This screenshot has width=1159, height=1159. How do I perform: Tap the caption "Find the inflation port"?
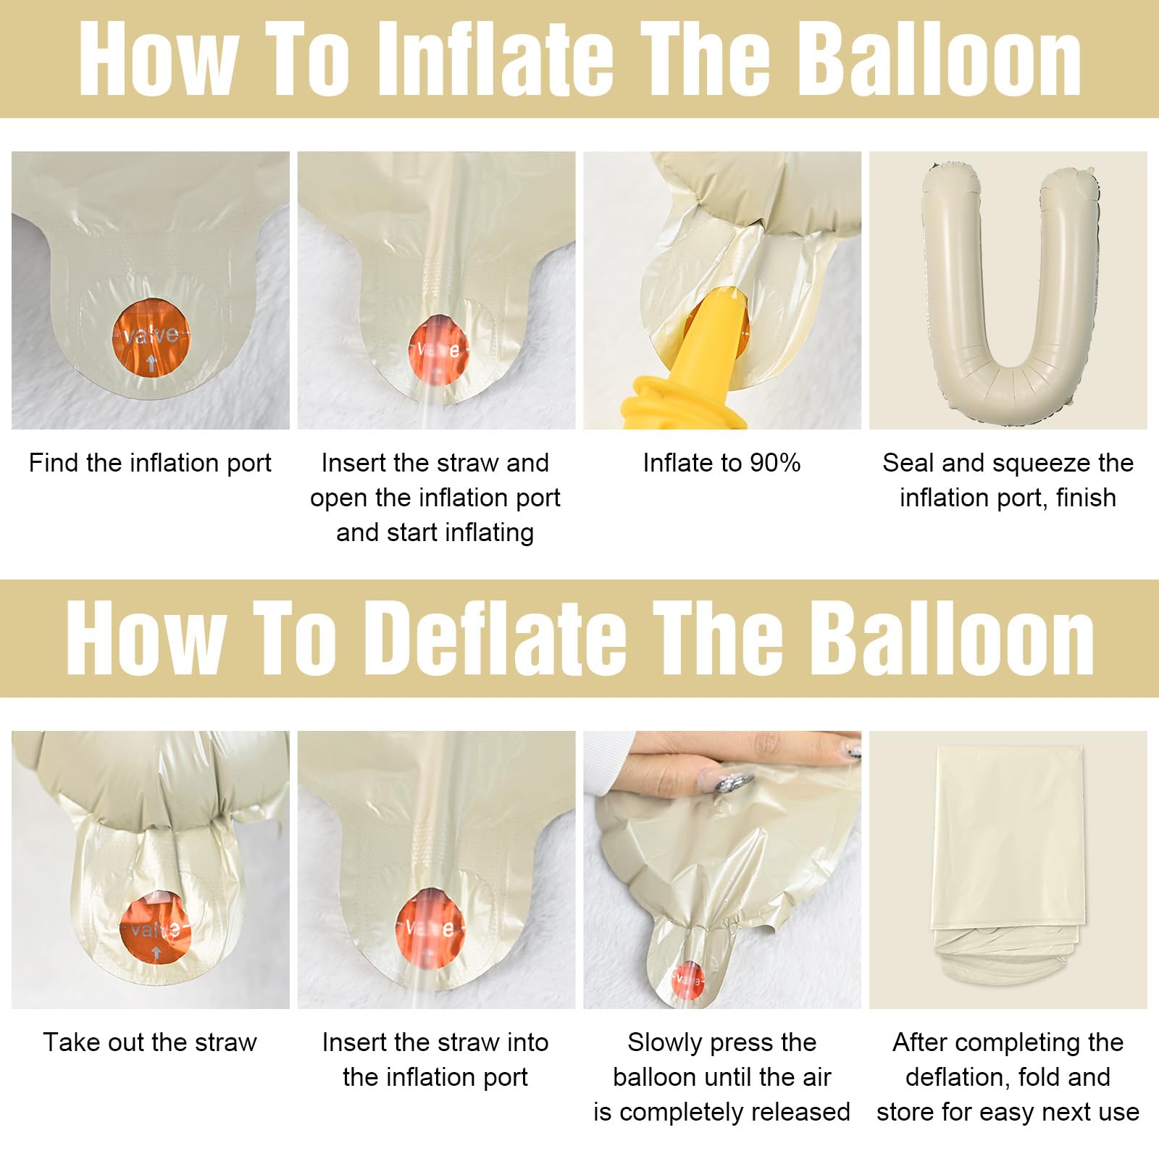pos(150,463)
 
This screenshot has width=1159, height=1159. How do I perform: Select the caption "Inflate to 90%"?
pos(721,463)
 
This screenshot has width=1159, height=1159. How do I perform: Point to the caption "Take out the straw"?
pos(150,1042)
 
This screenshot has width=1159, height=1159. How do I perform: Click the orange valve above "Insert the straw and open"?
pos(437,350)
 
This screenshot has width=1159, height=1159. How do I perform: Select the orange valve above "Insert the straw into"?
pos(431,928)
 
